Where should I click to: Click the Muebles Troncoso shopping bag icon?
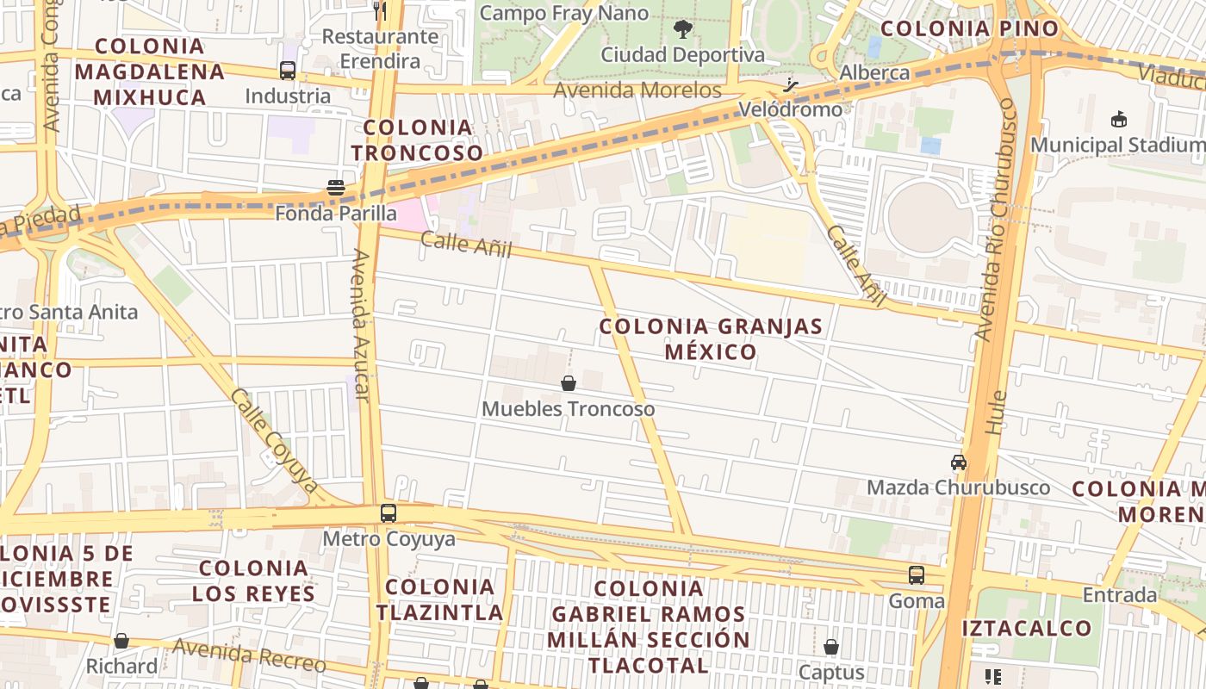pyautogui.click(x=569, y=383)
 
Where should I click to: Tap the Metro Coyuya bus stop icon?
pyautogui.click(x=389, y=513)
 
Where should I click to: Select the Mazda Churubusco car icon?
pyautogui.click(x=958, y=462)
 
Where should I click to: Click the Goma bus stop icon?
pyautogui.click(x=917, y=574)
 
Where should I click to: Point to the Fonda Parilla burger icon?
pyautogui.click(x=336, y=188)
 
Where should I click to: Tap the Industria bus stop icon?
pyautogui.click(x=288, y=71)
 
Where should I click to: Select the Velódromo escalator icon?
pyautogui.click(x=791, y=85)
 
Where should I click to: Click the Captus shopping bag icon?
pyautogui.click(x=831, y=646)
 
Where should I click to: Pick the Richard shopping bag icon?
pyautogui.click(x=121, y=641)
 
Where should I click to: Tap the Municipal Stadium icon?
pyautogui.click(x=1119, y=119)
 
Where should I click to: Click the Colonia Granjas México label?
pyautogui.click(x=711, y=339)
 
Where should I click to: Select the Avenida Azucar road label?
pyautogui.click(x=362, y=326)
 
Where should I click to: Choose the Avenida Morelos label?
pyautogui.click(x=637, y=90)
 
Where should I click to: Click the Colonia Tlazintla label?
pyautogui.click(x=439, y=600)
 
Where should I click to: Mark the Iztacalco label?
pyautogui.click(x=1027, y=628)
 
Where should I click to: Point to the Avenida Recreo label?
pyautogui.click(x=249, y=655)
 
